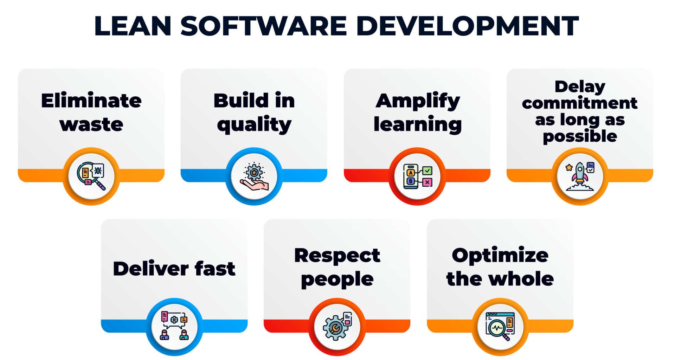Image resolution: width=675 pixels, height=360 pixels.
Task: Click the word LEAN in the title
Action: tap(133, 26)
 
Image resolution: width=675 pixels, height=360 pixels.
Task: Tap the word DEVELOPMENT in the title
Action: tap(468, 26)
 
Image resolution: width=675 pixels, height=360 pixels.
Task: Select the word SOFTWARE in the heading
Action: tap(264, 26)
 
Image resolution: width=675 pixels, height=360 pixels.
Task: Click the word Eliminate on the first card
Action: tap(91, 101)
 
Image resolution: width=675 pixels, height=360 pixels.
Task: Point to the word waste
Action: tap(91, 124)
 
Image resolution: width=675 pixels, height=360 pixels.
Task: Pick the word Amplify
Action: tap(418, 101)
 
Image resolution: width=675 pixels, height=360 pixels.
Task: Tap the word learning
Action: tap(418, 124)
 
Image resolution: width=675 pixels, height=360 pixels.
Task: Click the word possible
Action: tap(580, 136)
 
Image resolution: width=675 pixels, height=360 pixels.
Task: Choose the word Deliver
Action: tap(151, 269)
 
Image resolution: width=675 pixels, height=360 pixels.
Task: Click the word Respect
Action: tap(337, 256)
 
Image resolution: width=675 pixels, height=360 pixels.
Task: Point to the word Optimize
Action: tap(500, 256)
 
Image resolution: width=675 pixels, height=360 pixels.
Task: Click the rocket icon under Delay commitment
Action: tap(580, 176)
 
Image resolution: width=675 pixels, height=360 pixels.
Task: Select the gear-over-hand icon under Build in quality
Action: tap(254, 176)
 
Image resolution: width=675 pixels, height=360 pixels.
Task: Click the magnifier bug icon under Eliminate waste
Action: tap(91, 176)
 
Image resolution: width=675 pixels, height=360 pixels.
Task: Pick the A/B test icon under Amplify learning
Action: tap(418, 176)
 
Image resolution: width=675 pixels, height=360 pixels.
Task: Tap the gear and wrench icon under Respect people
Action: tap(337, 327)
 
